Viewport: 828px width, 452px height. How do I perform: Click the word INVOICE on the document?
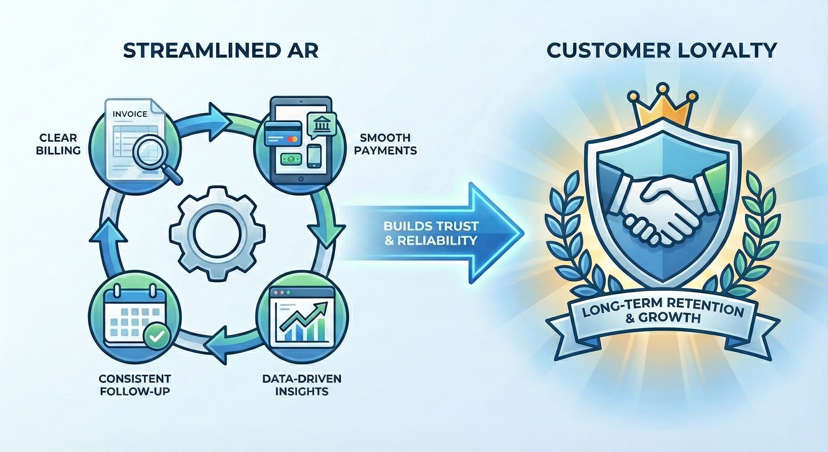[130, 114]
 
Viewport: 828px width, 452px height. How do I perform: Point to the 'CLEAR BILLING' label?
[58, 144]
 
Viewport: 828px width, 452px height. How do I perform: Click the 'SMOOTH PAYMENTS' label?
[385, 144]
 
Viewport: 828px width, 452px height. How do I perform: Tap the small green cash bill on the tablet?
[291, 158]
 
